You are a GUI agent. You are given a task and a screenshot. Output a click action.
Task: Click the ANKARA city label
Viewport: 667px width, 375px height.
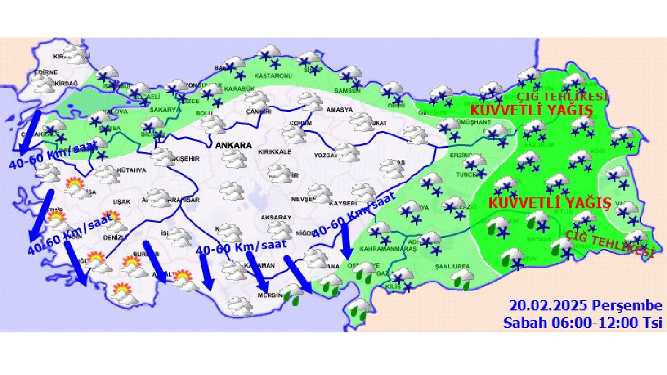pyautogui.click(x=233, y=145)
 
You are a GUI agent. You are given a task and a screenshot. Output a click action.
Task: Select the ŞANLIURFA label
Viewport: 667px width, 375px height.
pyautogui.click(x=453, y=266)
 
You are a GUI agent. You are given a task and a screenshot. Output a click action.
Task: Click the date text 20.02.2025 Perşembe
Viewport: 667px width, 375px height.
pyautogui.click(x=585, y=306)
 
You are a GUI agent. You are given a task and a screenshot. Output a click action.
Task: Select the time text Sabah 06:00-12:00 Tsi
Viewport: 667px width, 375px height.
pyautogui.click(x=582, y=322)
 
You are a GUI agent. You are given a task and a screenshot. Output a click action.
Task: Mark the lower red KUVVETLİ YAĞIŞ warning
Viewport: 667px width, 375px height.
pyautogui.click(x=549, y=203)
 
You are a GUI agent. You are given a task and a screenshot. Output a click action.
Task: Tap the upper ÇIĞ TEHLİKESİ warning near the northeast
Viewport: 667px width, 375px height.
pyautogui.click(x=562, y=97)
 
